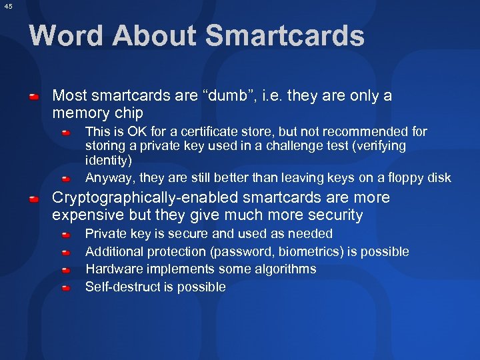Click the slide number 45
[7, 6]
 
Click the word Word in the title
[66, 35]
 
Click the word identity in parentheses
[109, 160]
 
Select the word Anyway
[108, 177]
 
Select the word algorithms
[282, 269]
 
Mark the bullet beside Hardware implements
[67, 271]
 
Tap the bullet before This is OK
[67, 133]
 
